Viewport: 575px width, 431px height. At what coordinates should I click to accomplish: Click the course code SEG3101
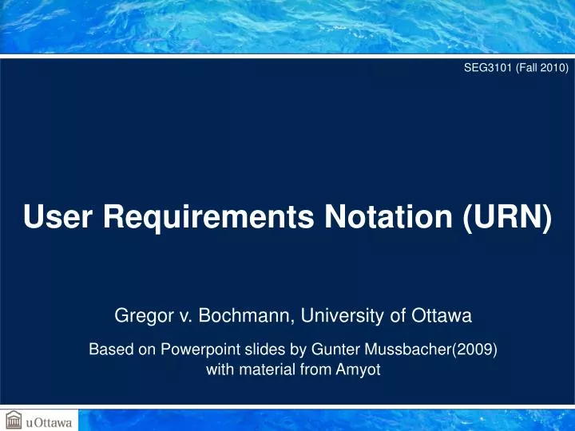(x=486, y=69)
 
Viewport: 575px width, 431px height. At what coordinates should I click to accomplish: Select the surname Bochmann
(x=248, y=317)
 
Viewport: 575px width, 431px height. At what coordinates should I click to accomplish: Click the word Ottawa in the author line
(x=444, y=317)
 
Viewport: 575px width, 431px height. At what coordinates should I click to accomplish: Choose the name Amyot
(x=351, y=370)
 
